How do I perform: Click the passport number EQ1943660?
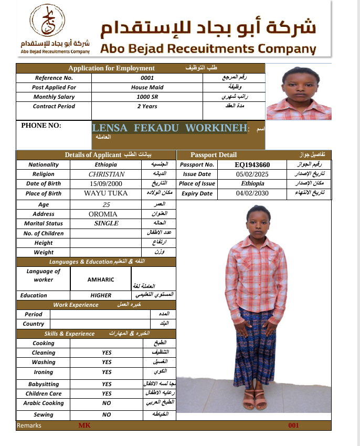click(x=252, y=164)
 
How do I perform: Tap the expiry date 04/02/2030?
click(x=252, y=193)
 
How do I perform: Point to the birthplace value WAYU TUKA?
click(x=106, y=193)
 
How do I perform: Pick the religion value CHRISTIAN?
click(x=107, y=174)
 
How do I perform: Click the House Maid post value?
click(x=147, y=87)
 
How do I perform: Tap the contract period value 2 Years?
click(x=147, y=107)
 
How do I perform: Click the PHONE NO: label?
click(x=41, y=126)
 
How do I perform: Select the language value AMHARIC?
click(x=101, y=280)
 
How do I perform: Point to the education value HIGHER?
click(x=101, y=295)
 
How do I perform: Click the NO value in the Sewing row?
click(x=107, y=414)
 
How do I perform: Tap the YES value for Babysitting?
click(x=107, y=384)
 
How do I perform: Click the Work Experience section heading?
click(x=76, y=305)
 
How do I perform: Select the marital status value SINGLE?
click(x=107, y=223)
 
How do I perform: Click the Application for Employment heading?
click(x=111, y=68)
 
